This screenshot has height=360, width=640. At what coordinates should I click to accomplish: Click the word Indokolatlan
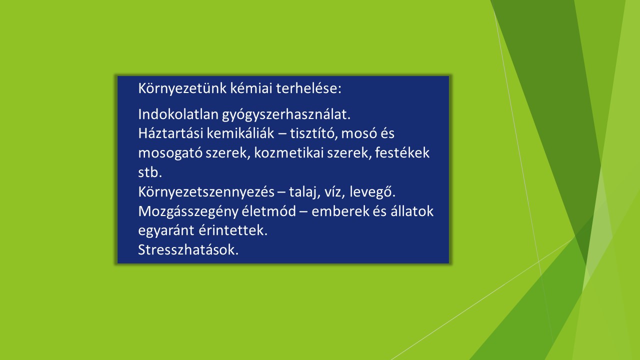pos(178,114)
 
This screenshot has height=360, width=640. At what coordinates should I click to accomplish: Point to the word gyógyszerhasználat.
pos(286,115)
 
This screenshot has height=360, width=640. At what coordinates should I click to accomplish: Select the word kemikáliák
pos(240,133)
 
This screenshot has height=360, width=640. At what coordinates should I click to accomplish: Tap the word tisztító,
pos(313,133)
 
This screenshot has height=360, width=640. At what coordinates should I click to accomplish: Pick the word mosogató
pos(170,153)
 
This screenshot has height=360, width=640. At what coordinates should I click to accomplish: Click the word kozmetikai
pos(288,153)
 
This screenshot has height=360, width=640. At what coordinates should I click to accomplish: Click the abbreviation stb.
pos(150,172)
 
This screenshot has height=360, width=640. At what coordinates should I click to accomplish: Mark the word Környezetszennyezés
pos(206,192)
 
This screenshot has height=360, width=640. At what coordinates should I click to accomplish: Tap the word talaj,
pos(304,192)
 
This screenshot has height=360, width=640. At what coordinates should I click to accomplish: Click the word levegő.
pos(372,192)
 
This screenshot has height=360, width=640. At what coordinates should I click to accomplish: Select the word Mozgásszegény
pos(188,212)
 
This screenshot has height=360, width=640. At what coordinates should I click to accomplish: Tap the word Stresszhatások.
pos(188,249)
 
